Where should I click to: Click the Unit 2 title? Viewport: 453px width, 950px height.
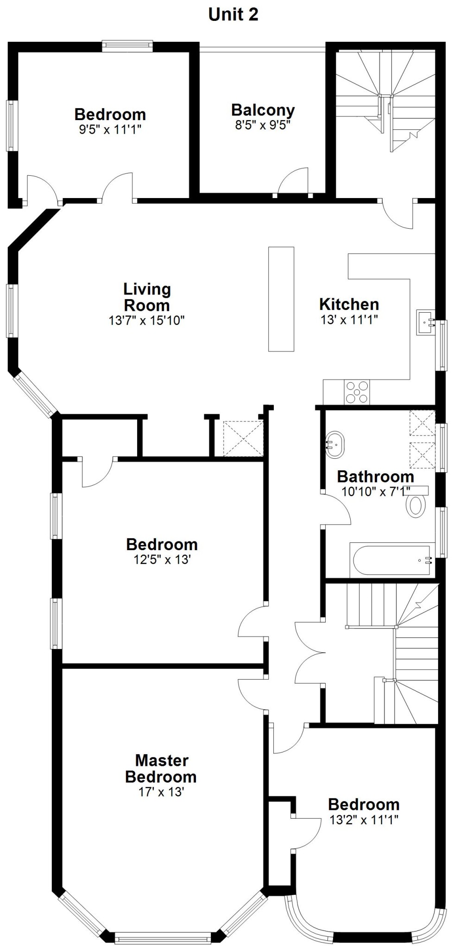tap(233, 14)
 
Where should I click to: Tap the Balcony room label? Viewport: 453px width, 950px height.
tap(263, 110)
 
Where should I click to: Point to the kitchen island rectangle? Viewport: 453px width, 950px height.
tap(281, 299)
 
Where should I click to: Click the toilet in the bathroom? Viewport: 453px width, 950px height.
tap(415, 505)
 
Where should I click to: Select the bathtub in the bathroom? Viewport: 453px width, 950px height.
tap(391, 560)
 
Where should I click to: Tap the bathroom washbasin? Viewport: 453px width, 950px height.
tap(335, 445)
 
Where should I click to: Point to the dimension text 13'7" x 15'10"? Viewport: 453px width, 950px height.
tap(147, 320)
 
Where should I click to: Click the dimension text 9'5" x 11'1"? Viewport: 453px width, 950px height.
tap(110, 129)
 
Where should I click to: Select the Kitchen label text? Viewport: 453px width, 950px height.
tap(349, 304)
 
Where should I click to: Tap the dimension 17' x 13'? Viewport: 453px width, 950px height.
tap(161, 792)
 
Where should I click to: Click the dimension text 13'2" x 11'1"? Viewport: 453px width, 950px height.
tap(364, 820)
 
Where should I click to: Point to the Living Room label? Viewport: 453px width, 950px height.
tap(147, 297)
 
